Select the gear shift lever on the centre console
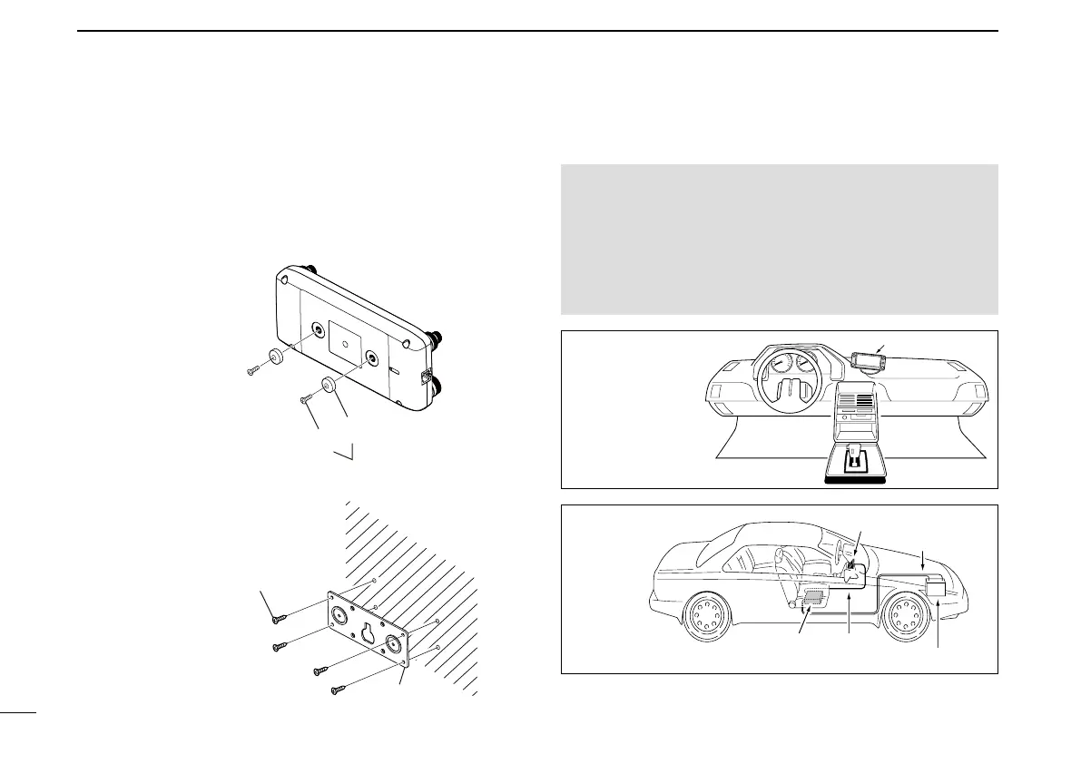pos(854,458)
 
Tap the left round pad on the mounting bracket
pos(338,615)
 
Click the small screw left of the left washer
pos(253,369)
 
